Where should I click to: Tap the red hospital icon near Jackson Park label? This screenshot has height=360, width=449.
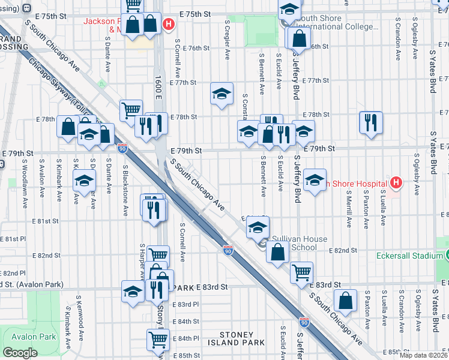[x=169, y=25]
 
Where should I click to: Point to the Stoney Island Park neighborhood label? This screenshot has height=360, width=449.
[x=241, y=338]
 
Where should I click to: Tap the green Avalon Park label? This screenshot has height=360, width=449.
[x=28, y=337]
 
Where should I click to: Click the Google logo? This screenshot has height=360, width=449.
[x=20, y=353]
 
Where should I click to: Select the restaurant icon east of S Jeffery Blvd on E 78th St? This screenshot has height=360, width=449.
[x=370, y=122]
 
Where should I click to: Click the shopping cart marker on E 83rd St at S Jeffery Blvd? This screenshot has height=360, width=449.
[x=301, y=272]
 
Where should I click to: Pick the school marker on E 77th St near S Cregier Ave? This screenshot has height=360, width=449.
[x=221, y=93]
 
